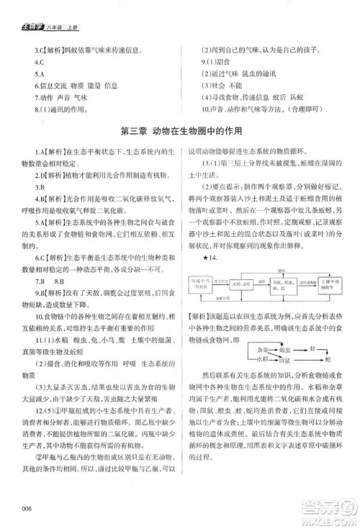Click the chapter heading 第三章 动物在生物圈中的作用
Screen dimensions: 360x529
pyautogui.click(x=180, y=131)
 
